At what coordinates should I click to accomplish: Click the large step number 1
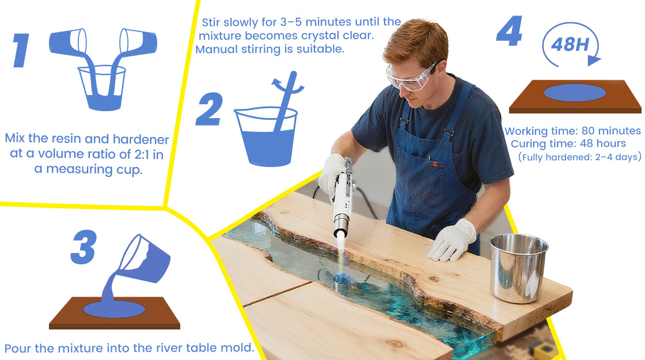tap(21, 50)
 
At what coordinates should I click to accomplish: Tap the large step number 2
tap(210, 109)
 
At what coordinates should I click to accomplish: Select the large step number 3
tap(84, 247)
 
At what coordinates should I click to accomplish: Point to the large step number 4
tap(509, 31)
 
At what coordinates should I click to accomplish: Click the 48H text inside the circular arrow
tap(570, 44)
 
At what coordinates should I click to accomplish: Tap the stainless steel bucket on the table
tap(518, 267)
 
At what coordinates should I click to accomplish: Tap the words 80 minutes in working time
tap(611, 131)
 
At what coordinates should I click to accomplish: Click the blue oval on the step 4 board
tap(575, 93)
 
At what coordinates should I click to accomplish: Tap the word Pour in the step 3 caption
tap(18, 348)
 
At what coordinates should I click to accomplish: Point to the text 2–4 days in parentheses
tap(616, 157)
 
